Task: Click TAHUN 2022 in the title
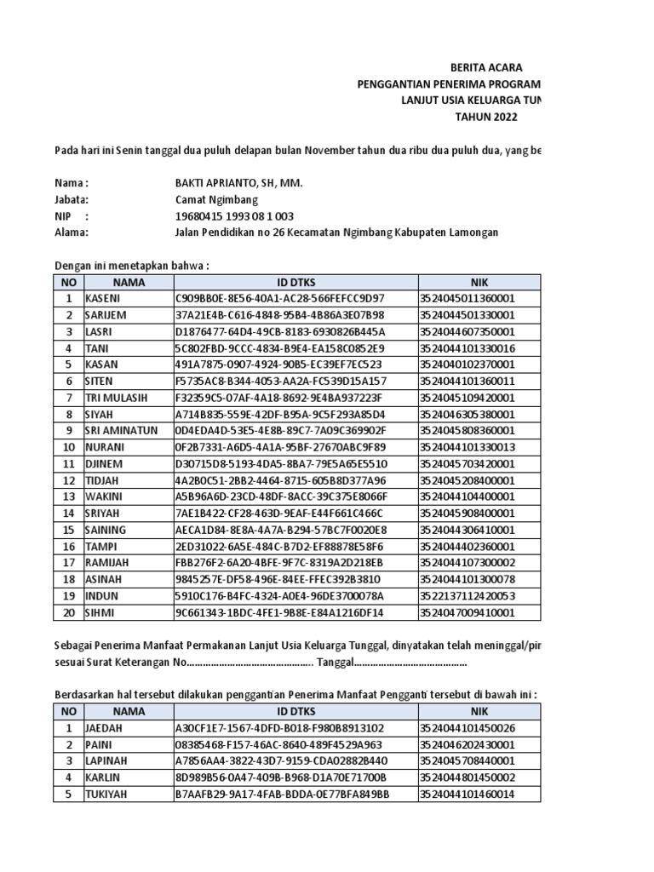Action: tap(485, 117)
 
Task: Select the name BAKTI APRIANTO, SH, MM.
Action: tap(238, 183)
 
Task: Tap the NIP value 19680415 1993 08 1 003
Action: tap(234, 215)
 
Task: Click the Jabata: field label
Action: tap(73, 199)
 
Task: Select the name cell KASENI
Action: tap(102, 298)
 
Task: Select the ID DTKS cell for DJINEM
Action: tap(280, 463)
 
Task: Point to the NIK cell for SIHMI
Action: tap(467, 611)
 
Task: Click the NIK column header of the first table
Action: tap(479, 281)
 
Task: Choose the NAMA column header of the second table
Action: tap(128, 711)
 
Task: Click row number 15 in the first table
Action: tap(68, 529)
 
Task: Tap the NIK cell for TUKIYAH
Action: tap(467, 794)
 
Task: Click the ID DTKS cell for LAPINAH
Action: tap(280, 760)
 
